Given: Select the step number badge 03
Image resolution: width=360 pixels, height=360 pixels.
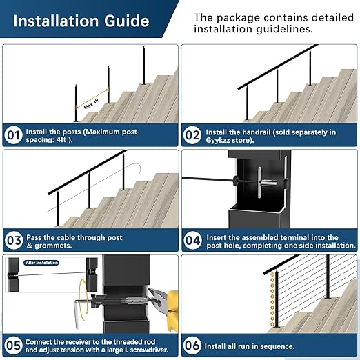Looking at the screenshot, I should [x=13, y=240].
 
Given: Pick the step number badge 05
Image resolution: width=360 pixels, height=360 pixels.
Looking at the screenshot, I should [x=13, y=346].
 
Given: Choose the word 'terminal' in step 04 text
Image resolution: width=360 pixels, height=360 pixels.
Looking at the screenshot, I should [x=299, y=237].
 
